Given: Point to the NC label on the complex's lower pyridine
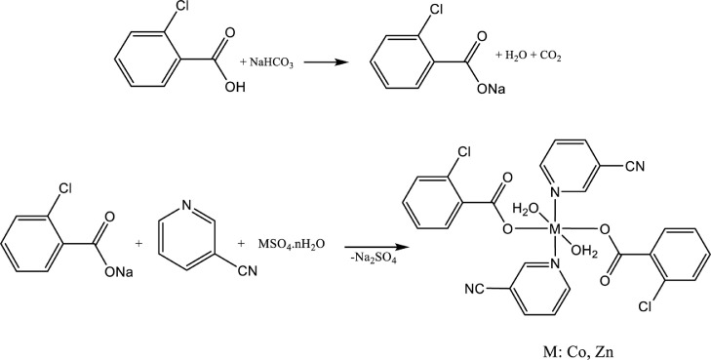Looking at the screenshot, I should coord(475,288).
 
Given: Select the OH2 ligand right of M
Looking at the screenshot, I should coord(582,251).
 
